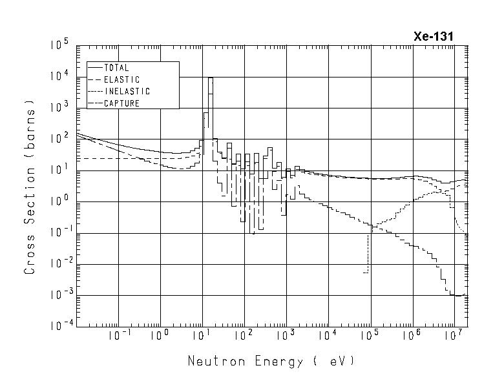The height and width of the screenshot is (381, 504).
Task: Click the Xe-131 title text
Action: point(433,37)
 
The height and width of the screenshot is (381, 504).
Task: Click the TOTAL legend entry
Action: point(116,67)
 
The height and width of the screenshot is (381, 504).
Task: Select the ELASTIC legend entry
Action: point(121,79)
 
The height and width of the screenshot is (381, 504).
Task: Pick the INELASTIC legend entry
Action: point(127,91)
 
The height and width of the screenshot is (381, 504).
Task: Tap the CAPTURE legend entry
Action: point(121,103)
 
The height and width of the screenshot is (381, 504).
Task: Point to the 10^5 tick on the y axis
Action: point(59,46)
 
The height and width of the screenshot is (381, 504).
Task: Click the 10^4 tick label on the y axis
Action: point(59,77)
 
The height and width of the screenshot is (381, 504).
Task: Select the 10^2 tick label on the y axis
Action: point(59,139)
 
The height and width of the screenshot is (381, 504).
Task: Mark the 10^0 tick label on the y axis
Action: point(59,201)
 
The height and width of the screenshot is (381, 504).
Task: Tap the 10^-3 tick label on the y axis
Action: point(57,295)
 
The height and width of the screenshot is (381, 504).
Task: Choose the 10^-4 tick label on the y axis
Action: point(57,326)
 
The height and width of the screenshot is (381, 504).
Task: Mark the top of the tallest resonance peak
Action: point(210,77)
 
